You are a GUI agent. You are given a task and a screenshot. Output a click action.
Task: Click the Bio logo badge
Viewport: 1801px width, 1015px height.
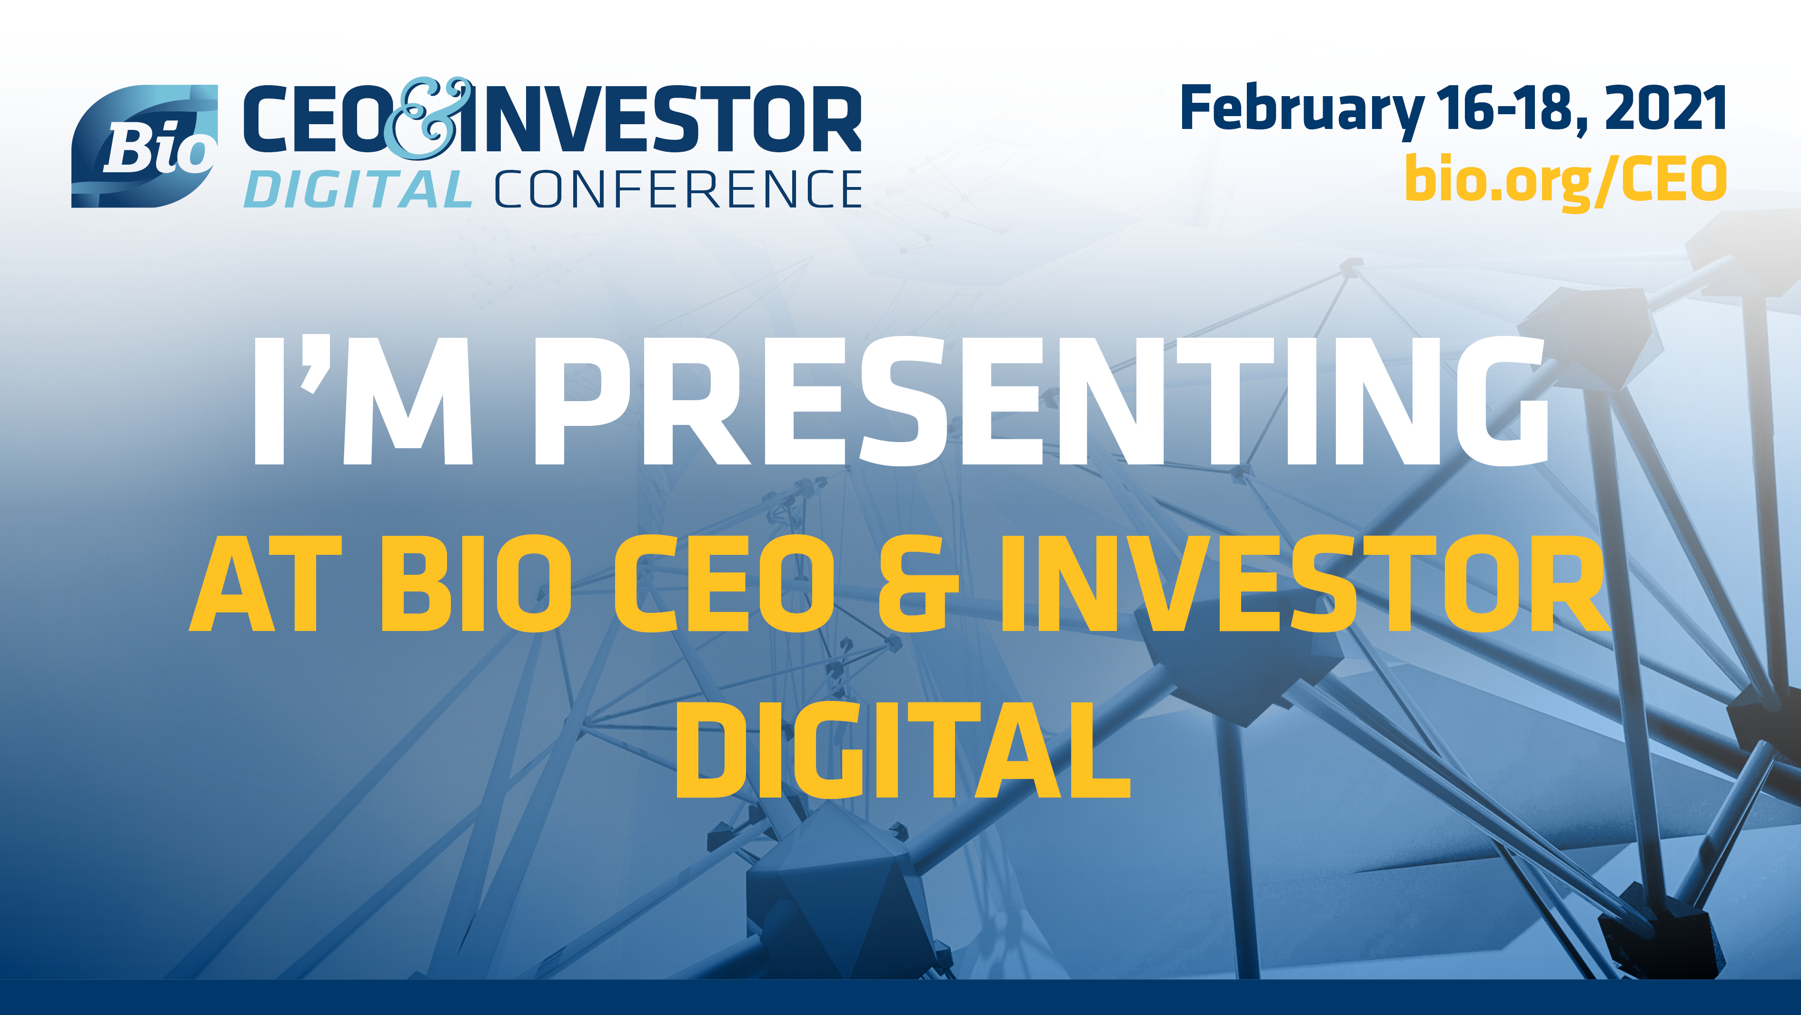point(145,147)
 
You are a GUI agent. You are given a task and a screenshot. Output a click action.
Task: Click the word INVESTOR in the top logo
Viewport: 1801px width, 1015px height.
point(661,119)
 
